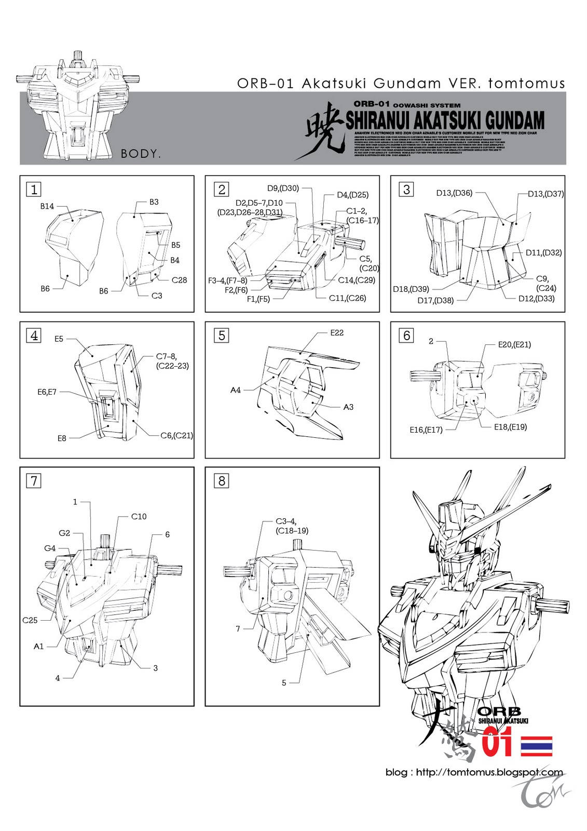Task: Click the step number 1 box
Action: click(34, 190)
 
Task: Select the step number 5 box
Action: click(222, 336)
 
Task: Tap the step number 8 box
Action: click(222, 481)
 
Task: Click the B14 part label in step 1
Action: click(47, 206)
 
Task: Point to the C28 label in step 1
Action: click(179, 280)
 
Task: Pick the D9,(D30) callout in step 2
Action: click(283, 189)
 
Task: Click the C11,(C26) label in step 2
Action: click(347, 298)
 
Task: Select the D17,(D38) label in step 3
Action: click(435, 300)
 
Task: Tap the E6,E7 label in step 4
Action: click(47, 392)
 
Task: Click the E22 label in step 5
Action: click(337, 333)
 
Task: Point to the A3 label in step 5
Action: click(348, 407)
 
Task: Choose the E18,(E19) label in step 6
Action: click(510, 427)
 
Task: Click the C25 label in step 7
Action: click(30, 620)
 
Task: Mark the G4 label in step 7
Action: click(50, 548)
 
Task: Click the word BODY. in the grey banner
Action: click(141, 154)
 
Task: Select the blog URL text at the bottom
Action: click(474, 772)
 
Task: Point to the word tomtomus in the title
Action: click(526, 83)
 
